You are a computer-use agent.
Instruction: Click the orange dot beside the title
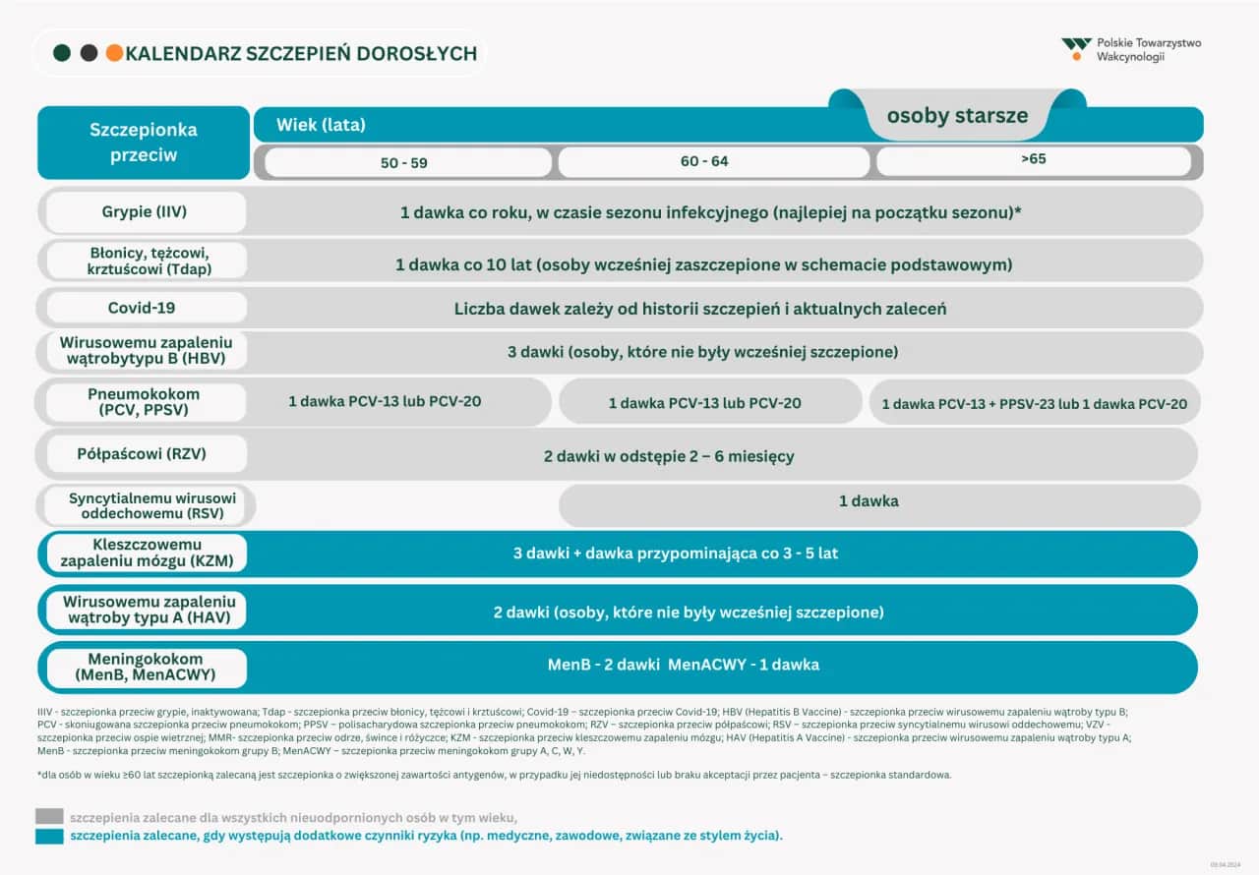[114, 53]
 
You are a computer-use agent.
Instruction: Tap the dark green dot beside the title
[62, 53]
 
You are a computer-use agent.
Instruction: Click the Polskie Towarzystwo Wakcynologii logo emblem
[1076, 47]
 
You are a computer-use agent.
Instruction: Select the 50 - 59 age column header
[404, 162]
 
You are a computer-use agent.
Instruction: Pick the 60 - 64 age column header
[704, 161]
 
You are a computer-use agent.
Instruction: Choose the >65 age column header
[1033, 160]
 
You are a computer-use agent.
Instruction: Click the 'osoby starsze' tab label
[957, 115]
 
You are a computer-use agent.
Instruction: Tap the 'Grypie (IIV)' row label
[144, 212]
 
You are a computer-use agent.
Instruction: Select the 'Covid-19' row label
[143, 308]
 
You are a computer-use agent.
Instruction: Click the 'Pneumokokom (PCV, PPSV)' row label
[144, 402]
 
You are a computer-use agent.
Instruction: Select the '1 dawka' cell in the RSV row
[869, 501]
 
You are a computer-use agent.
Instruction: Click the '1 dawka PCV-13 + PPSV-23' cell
[1034, 403]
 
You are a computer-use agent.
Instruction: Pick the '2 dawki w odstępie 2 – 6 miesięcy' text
[669, 456]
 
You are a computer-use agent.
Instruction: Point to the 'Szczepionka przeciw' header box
[144, 143]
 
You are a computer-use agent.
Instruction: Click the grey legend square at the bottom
[49, 816]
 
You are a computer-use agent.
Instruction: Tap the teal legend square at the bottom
[49, 837]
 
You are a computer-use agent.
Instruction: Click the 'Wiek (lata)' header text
[321, 125]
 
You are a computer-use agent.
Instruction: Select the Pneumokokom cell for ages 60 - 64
[704, 403]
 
